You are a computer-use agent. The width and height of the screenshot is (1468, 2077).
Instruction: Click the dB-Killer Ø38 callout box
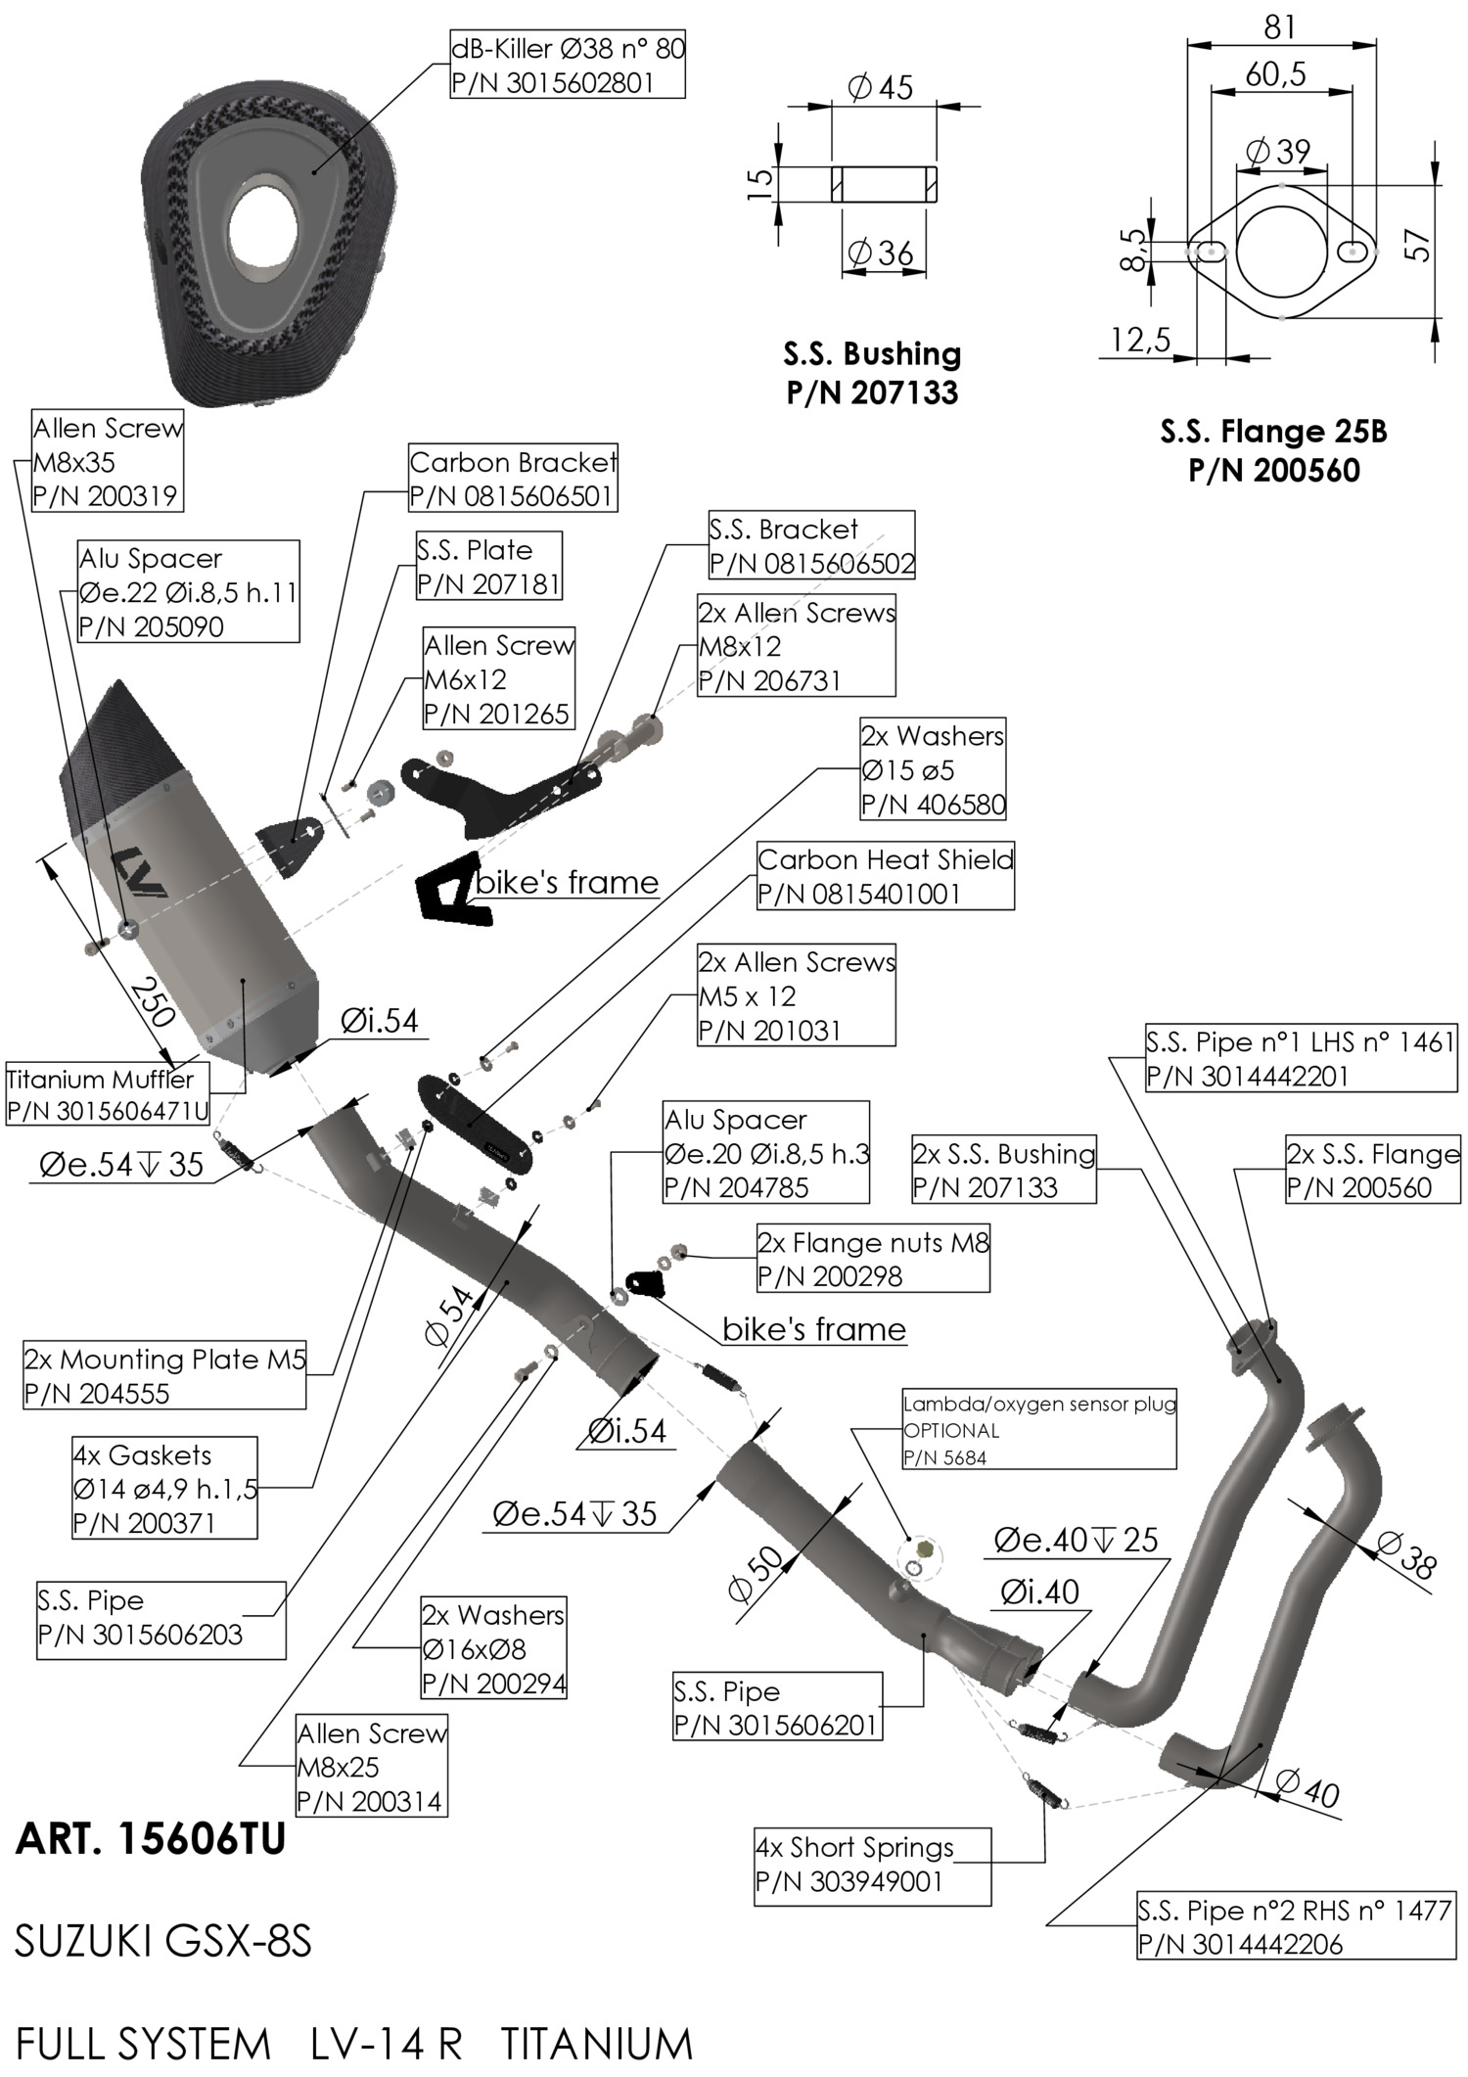567,65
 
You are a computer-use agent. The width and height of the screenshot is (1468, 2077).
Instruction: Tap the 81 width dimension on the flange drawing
1279,26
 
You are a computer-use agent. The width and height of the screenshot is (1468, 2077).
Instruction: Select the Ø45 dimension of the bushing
880,88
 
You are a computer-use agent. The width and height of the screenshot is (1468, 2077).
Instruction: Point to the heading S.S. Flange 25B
1273,432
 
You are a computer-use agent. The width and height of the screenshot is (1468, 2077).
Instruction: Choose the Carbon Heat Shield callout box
885,876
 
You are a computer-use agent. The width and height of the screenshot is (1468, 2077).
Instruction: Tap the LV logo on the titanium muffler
139,872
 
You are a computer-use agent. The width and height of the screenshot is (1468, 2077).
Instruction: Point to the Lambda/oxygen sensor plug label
1038,1430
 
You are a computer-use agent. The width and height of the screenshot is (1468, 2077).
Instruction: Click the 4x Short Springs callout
871,1866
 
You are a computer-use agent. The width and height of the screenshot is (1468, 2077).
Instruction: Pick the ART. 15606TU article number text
150,1840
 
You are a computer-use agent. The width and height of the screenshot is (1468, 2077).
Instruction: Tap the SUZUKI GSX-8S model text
162,1941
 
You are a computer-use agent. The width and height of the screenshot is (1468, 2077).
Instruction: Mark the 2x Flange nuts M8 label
873,1259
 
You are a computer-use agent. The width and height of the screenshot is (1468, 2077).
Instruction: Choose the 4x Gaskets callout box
164,1488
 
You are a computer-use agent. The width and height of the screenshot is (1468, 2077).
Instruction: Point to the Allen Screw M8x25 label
371,1767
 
